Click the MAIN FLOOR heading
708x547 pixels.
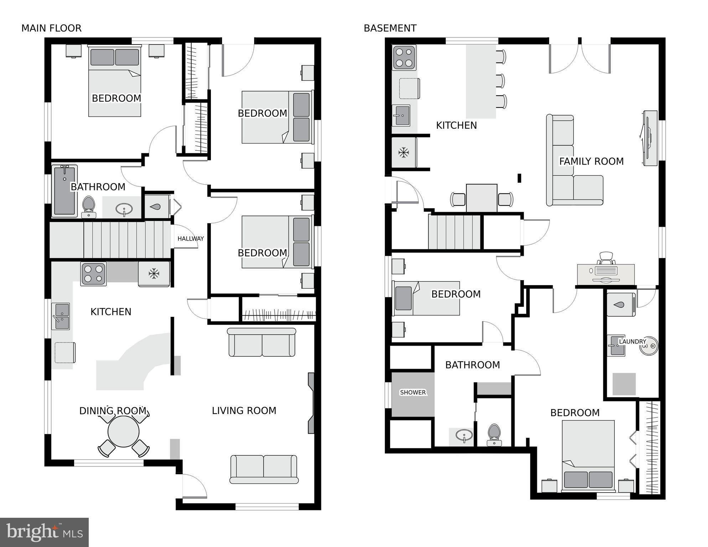[x=51, y=28]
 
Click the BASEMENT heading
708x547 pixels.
[x=390, y=28]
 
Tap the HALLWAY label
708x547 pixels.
[x=191, y=238]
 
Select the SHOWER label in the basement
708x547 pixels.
[x=413, y=392]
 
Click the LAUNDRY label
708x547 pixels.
[x=632, y=341]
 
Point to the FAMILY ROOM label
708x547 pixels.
[x=591, y=161]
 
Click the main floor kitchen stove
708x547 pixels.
[x=93, y=274]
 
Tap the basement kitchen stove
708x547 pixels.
[x=404, y=57]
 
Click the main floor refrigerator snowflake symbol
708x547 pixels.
[x=154, y=274]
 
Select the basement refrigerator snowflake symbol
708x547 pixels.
[x=403, y=153]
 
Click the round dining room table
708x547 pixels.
[x=123, y=432]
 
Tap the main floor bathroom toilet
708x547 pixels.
[x=88, y=207]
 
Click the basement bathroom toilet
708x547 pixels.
[x=494, y=435]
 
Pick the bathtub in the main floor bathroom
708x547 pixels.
[x=64, y=191]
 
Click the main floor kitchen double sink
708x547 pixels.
[x=61, y=316]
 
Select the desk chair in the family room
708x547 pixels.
[x=606, y=258]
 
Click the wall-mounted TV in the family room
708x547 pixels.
[x=649, y=138]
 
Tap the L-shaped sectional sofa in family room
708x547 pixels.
[x=574, y=160]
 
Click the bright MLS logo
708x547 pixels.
[x=44, y=532]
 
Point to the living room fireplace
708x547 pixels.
[x=311, y=403]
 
